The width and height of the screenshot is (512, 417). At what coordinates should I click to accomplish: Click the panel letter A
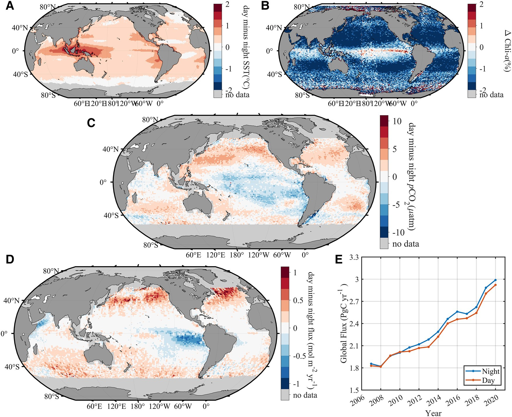point(10,6)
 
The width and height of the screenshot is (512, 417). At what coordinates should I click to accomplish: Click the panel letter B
point(265,6)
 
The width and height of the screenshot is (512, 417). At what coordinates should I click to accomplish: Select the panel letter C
point(91,123)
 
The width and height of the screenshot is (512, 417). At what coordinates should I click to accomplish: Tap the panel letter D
point(10,259)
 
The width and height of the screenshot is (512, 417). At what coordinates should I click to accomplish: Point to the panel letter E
point(339,259)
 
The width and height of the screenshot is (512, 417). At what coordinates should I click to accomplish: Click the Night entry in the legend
point(490,371)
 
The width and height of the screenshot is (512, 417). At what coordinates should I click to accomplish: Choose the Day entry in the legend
point(488,380)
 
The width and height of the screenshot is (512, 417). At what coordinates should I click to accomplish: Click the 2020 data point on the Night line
point(495,280)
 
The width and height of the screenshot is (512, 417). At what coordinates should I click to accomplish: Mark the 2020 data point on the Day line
point(495,285)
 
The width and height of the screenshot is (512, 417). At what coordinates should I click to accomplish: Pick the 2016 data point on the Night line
point(457,311)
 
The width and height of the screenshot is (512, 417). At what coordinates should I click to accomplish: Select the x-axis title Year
point(433,413)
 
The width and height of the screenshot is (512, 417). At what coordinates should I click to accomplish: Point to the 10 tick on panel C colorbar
point(397,121)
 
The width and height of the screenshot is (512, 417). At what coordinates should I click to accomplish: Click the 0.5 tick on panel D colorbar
point(298,300)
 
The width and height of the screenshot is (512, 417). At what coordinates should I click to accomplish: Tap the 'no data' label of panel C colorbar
point(405,244)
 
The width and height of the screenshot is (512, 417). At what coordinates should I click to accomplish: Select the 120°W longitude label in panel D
point(159,406)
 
